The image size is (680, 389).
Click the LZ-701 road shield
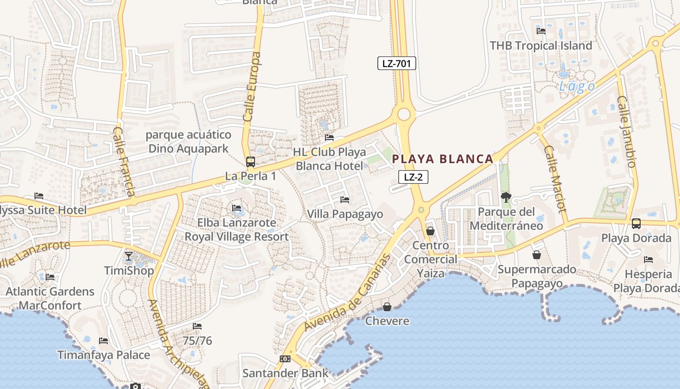coord(397,63)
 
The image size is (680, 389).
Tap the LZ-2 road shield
coord(413,177)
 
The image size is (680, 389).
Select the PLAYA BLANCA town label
coord(442,159)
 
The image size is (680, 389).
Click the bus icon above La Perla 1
coord(251,162)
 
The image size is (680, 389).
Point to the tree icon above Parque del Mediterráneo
coord(506,197)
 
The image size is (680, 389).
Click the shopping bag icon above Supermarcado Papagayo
coord(537,254)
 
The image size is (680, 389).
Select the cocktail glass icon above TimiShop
coord(129,256)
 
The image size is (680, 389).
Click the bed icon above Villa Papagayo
coord(345,199)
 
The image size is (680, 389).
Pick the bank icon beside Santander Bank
coord(285,359)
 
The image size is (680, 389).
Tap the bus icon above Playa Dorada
coord(636,224)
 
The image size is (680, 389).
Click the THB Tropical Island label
coord(541,46)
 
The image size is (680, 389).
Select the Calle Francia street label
coord(124,161)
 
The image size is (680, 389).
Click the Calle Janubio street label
coord(626,131)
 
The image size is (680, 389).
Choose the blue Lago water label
coord(577,87)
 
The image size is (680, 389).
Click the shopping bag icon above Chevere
coord(387,307)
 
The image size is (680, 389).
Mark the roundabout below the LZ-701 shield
coord(404,115)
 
